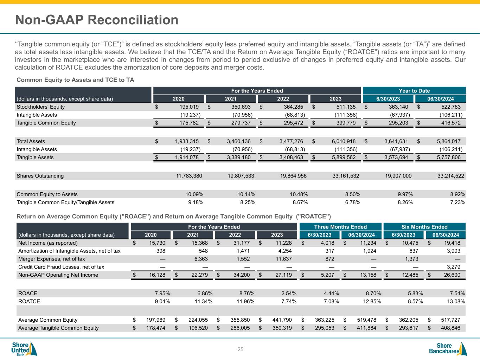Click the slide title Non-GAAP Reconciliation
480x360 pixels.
(x=97, y=20)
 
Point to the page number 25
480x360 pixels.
(x=241, y=349)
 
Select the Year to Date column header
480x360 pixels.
(x=414, y=91)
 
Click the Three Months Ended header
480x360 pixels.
(x=340, y=227)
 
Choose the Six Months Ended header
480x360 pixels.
(x=424, y=227)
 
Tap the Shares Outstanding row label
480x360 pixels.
(x=40, y=176)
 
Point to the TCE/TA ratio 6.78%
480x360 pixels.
(x=352, y=202)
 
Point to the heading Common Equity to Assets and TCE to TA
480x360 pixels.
(x=75, y=80)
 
